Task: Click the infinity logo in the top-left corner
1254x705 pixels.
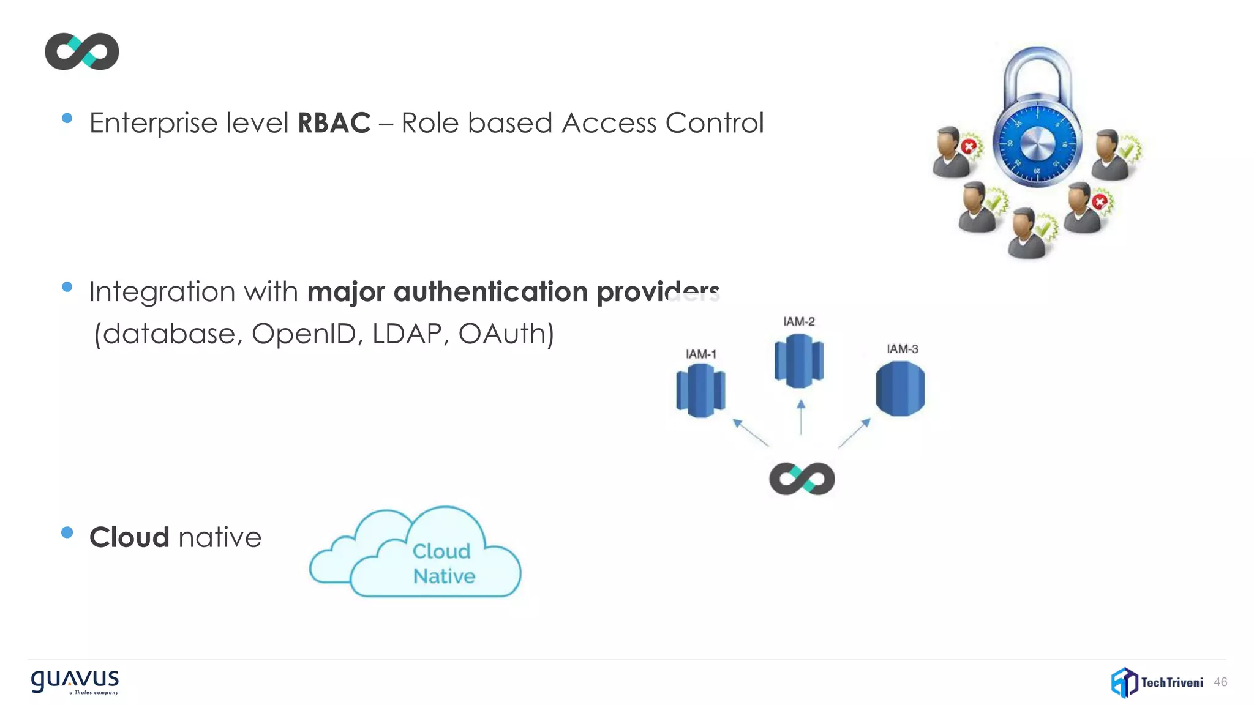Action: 81,51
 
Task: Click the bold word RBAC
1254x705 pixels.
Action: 334,123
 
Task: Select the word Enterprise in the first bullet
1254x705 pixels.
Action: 154,124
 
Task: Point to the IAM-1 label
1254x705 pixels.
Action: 700,354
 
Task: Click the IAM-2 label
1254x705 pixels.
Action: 798,322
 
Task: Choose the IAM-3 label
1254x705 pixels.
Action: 902,349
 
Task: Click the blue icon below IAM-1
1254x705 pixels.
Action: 700,390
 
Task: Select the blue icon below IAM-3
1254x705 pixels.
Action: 899,389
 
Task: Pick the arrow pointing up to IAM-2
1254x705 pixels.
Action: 801,417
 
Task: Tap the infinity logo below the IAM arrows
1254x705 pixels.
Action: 802,479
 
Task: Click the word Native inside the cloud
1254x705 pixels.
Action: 444,576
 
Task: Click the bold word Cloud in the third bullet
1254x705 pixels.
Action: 129,537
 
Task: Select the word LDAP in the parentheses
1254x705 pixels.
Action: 407,334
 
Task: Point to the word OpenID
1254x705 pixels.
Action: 304,334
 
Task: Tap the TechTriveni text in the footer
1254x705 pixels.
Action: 1171,682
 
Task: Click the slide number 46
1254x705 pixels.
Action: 1220,682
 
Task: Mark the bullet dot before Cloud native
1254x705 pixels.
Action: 67,532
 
